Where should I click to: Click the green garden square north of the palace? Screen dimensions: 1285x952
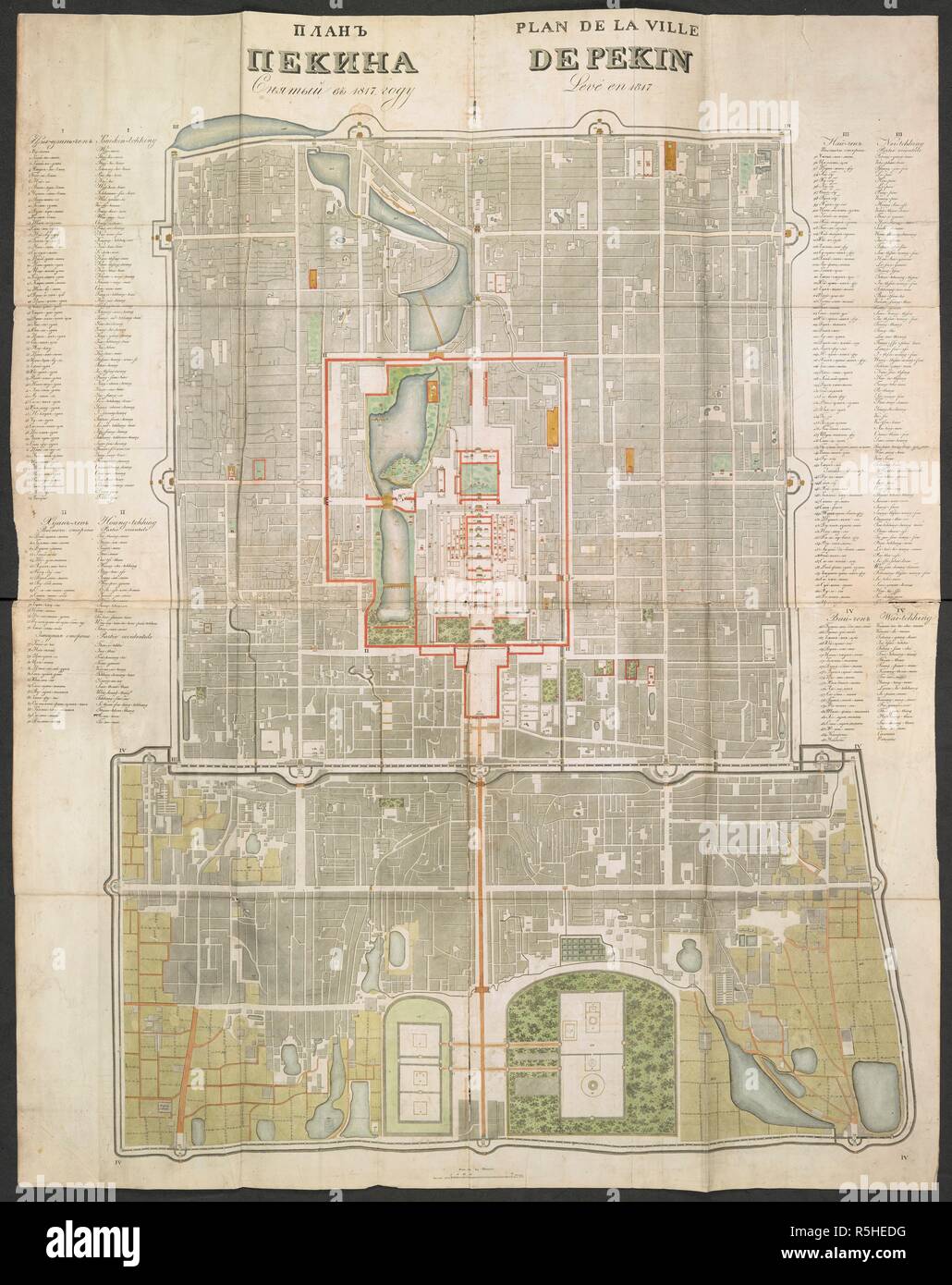[x=477, y=476]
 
